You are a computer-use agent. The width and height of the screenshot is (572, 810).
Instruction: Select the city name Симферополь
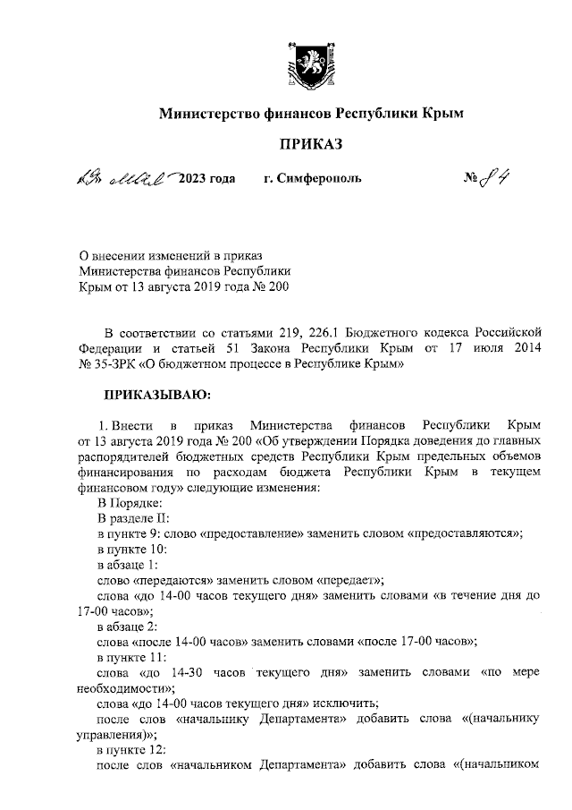313,179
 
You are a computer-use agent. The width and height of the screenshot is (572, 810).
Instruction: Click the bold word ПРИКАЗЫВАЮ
157,392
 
